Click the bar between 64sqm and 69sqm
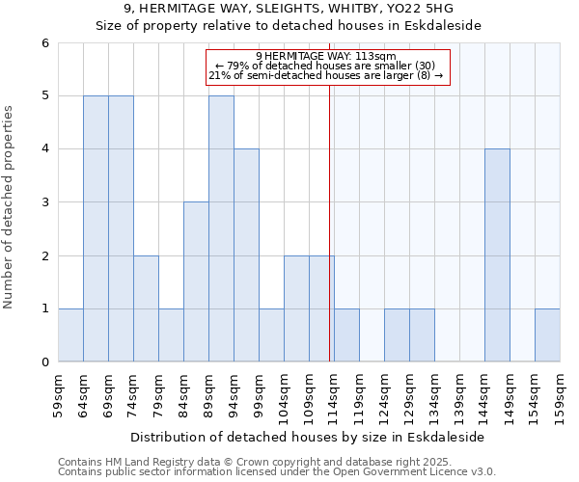(96, 228)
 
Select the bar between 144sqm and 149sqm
(497, 255)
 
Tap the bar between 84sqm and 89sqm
(196, 281)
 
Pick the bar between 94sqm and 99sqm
(246, 255)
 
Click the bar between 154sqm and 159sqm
(547, 335)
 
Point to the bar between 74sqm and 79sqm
(146, 308)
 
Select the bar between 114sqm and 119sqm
(346, 335)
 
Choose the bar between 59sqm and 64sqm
(70, 335)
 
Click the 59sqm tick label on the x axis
(59, 392)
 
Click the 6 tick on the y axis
(44, 42)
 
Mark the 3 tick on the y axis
(44, 202)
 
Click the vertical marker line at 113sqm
(330, 222)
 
